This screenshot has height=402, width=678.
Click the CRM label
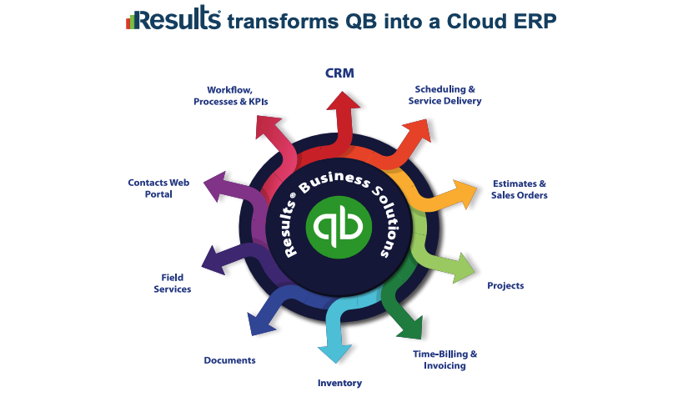[x=339, y=73]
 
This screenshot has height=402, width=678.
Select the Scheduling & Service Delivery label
[x=445, y=95]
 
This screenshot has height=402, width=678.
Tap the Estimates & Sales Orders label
[x=520, y=189]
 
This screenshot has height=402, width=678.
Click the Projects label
[x=505, y=285]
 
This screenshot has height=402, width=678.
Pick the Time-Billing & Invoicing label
[x=445, y=359]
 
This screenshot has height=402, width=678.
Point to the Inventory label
[x=340, y=383]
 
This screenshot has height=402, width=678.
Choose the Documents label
[x=229, y=360]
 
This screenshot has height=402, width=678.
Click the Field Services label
[x=173, y=283]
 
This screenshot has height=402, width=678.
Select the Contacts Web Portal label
[x=158, y=188]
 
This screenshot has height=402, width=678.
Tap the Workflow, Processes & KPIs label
[x=230, y=96]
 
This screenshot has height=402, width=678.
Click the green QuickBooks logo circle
[x=339, y=227]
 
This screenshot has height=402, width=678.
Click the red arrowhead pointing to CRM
[x=343, y=100]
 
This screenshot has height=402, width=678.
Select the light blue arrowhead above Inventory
[x=335, y=353]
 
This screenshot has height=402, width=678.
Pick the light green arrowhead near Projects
[x=463, y=269]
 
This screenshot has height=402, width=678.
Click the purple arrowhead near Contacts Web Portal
[x=215, y=186]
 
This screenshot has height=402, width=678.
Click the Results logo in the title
[x=173, y=18]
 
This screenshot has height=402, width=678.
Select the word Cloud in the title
[x=477, y=21]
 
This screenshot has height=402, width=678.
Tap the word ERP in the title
[x=536, y=21]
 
